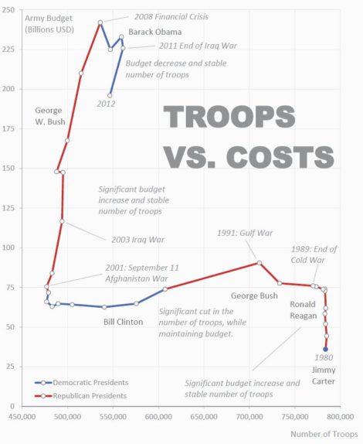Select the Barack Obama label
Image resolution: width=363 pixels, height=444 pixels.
(x=155, y=32)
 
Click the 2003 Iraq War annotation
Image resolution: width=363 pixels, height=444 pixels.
(x=127, y=240)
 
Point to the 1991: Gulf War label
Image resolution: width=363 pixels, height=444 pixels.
(x=246, y=232)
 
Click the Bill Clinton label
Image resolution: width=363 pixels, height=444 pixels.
(x=123, y=322)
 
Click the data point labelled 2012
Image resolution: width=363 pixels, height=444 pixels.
(x=110, y=95)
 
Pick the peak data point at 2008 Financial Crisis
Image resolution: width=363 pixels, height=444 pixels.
(x=100, y=22)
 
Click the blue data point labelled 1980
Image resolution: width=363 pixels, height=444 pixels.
(x=325, y=350)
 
